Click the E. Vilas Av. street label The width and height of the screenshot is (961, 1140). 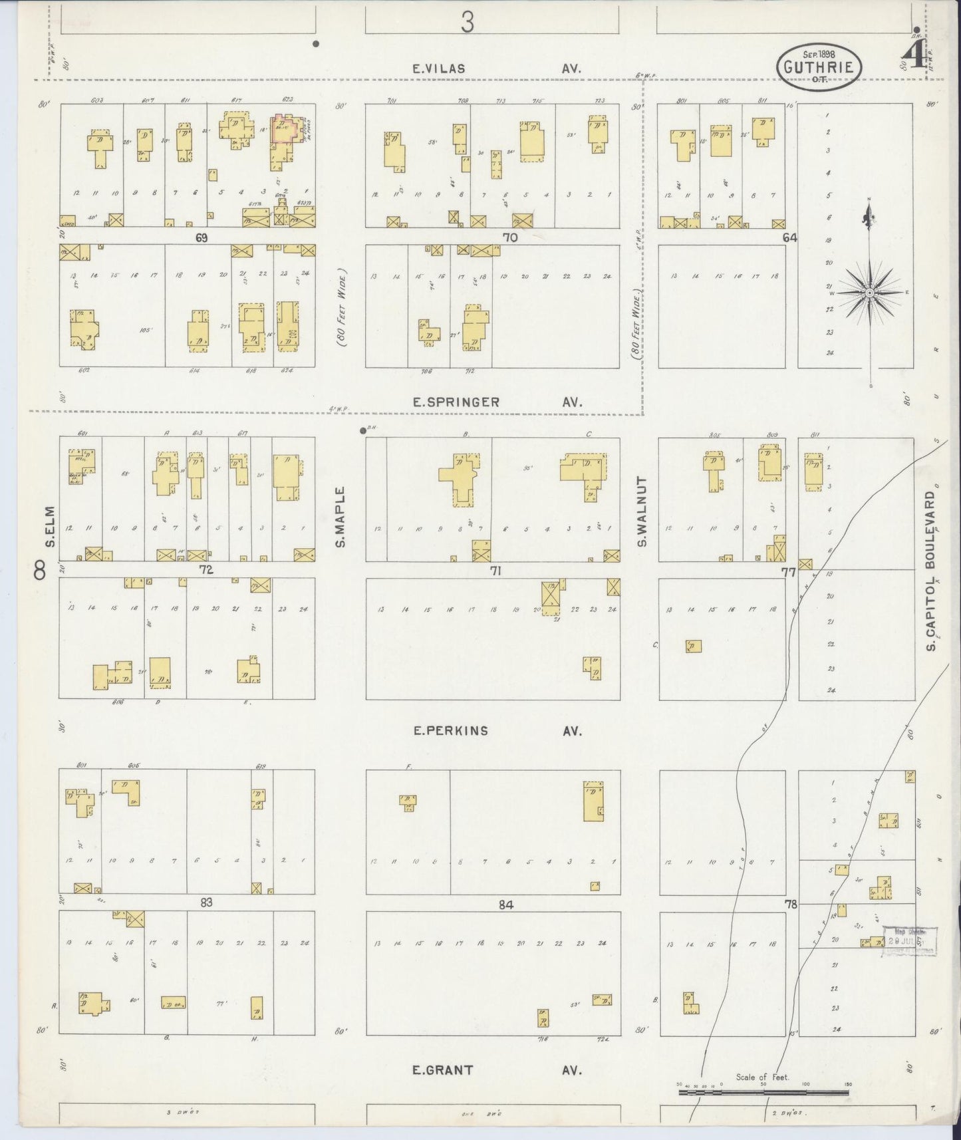point(495,68)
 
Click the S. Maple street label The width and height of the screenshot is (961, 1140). point(340,517)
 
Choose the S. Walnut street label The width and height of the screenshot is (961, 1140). point(642,511)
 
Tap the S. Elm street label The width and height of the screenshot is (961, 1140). point(49,529)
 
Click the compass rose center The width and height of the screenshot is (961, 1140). point(869,292)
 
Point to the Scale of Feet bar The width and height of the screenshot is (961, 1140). point(764,1091)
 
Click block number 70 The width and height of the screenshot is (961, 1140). point(510,237)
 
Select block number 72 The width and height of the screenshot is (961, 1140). point(206,569)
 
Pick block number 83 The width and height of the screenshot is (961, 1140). point(206,902)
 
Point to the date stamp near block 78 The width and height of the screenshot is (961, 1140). point(908,941)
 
